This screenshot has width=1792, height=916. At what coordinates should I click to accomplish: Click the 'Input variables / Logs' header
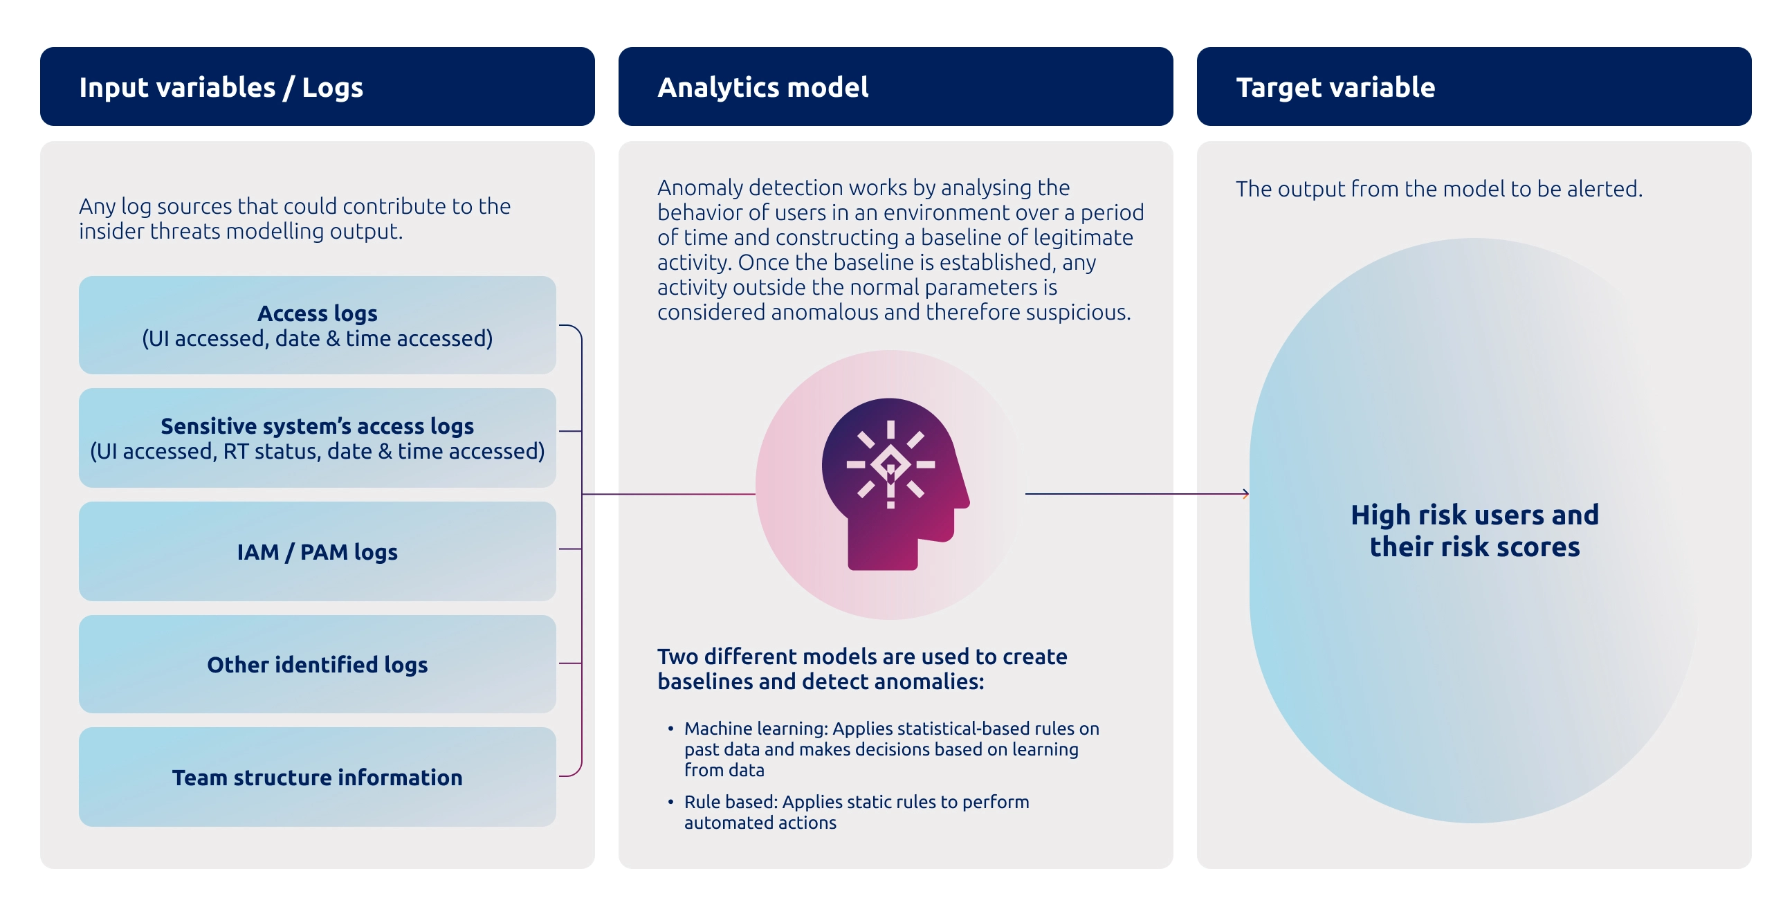click(x=221, y=88)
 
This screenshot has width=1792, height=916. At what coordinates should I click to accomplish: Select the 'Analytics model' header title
click(x=762, y=88)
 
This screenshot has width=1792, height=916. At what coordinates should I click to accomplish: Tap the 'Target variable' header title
click(x=1335, y=88)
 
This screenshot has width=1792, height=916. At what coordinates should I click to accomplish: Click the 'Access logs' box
click(x=317, y=325)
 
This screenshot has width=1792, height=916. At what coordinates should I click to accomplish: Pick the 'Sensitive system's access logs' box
click(x=317, y=438)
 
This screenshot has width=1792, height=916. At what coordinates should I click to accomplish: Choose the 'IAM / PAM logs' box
click(x=317, y=551)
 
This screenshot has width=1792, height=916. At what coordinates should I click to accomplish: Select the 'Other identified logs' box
click(x=317, y=664)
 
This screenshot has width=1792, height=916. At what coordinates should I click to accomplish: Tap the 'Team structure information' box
click(x=317, y=777)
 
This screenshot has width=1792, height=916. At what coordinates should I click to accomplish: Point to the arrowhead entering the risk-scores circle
click(x=1246, y=494)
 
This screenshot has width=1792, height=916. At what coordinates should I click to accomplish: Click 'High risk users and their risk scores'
click(x=1474, y=531)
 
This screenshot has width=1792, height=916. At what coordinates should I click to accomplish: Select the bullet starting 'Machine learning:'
click(x=890, y=749)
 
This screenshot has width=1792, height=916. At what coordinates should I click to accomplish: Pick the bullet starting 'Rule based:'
click(x=856, y=812)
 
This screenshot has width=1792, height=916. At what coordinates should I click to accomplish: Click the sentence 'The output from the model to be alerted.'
click(x=1438, y=189)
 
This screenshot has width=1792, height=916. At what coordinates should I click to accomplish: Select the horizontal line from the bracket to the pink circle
click(x=668, y=494)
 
